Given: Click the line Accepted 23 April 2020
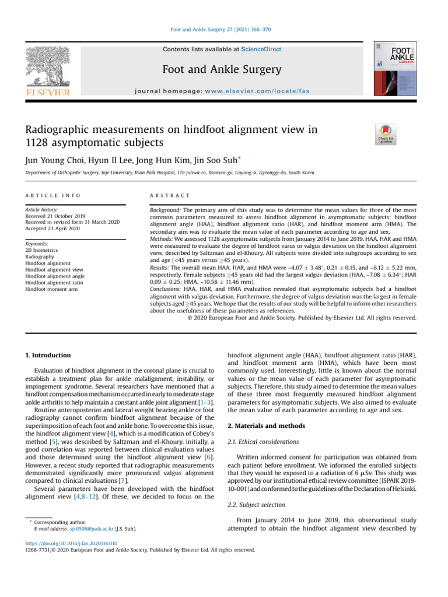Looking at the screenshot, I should [x=52, y=229].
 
